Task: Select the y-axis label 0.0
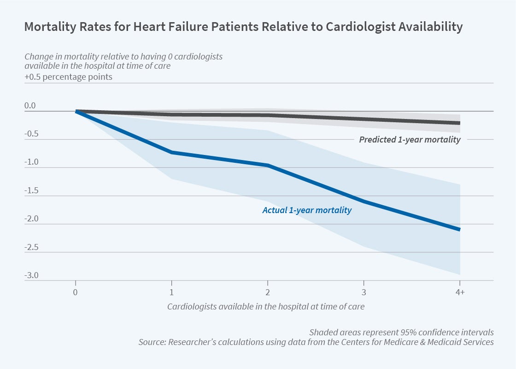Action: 30,106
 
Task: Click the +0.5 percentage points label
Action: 68,77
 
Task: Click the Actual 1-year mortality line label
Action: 307,210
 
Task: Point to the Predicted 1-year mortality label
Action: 410,139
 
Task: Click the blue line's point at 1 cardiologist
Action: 171,152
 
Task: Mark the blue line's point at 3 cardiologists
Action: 364,202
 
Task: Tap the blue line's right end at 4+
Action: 459,229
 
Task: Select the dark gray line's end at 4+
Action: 459,123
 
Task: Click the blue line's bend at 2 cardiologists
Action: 268,165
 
